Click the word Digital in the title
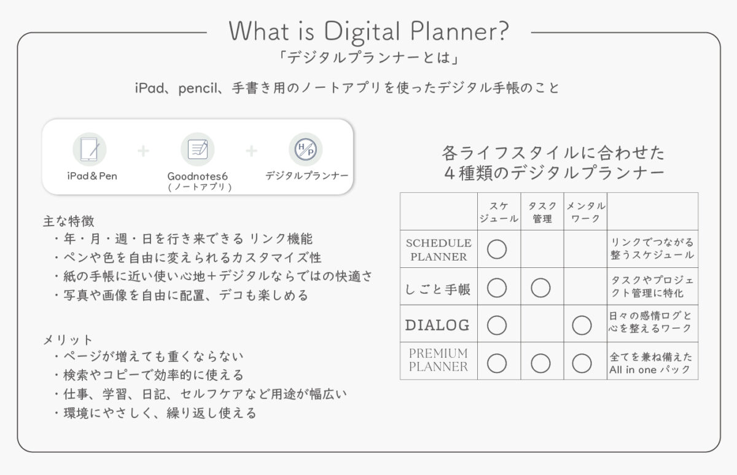coord(362,32)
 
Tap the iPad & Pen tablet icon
coord(90,149)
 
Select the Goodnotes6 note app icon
coord(198,149)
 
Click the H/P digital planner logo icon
coord(306,149)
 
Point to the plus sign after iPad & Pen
coord(143,151)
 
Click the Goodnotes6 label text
coord(197,176)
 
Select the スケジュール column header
coord(499,212)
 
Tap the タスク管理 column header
coord(542,212)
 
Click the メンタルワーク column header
coord(586,212)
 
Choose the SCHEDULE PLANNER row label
coord(439,249)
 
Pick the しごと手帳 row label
coord(438,289)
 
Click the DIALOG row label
coord(437,325)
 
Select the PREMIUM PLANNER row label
coord(439,360)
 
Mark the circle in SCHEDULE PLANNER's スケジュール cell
coord(497,249)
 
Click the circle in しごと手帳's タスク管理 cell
coord(540,288)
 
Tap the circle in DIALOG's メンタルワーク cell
coord(582,325)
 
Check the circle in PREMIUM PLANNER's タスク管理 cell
coord(540,363)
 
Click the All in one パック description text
coord(650,370)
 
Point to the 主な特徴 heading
coord(68,221)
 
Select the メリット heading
coord(68,340)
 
